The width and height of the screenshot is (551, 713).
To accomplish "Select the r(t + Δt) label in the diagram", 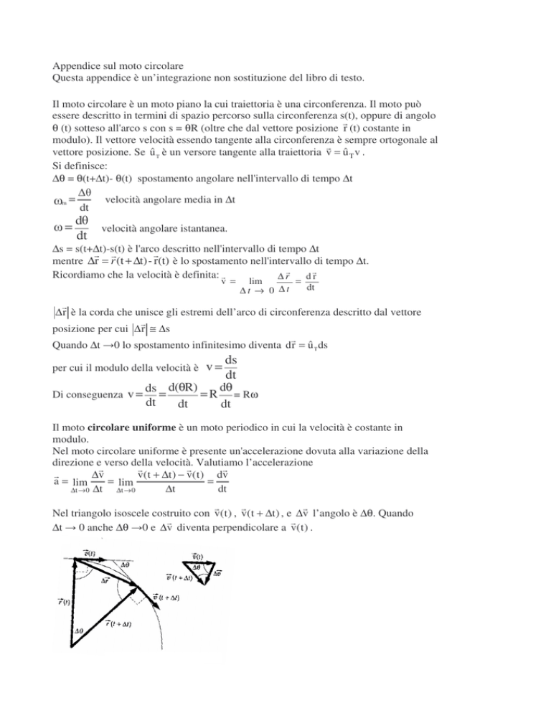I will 125,624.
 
